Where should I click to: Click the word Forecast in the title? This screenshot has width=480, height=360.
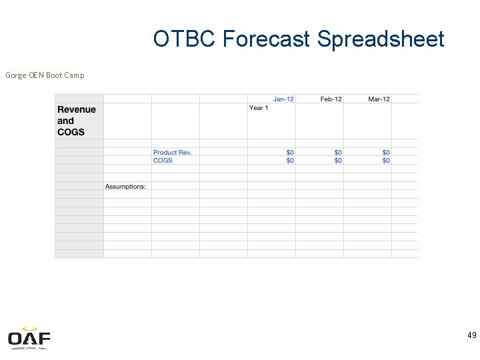pos(266,39)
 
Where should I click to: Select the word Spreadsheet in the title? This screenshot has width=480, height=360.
pos(381,39)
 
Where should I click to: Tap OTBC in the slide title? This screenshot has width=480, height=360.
pos(185,39)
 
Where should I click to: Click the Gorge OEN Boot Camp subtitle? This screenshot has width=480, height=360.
pos(45,75)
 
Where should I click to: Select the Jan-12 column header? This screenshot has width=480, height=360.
pos(283,99)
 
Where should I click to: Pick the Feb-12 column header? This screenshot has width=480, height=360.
pos(331,99)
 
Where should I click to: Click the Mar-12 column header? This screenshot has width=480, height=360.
pos(379,99)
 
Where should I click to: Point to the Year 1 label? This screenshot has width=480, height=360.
pos(259,108)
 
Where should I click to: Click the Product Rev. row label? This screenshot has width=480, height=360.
pos(173,153)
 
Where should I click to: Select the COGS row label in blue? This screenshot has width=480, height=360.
pos(163,161)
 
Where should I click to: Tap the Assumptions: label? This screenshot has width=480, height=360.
pos(125,187)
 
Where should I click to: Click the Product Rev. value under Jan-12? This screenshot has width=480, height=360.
pos(290,153)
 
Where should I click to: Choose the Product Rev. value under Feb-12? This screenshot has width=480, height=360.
pos(338,153)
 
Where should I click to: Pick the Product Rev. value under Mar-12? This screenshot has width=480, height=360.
pos(386,153)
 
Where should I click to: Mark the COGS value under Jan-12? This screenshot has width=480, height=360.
pos(290,161)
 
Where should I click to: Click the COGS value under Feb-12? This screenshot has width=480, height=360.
pos(338,161)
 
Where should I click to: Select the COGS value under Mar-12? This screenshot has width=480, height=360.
pos(386,161)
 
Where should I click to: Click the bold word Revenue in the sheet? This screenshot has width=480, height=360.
pos(77,110)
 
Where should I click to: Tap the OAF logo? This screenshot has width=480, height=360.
pos(29,339)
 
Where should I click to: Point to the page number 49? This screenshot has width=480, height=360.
pos(471,335)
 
